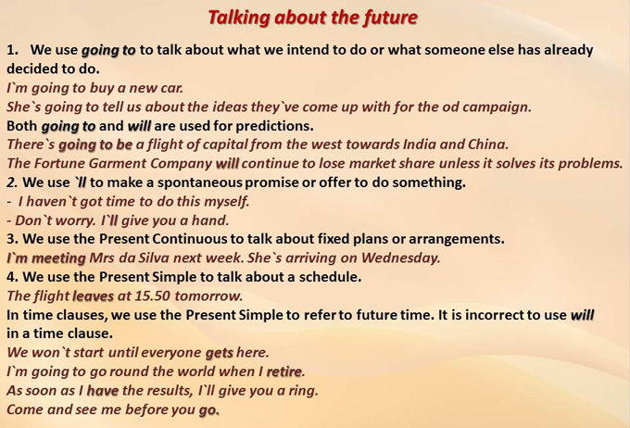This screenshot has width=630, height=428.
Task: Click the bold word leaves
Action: click(x=94, y=296)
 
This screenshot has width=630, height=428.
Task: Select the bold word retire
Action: click(x=284, y=371)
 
